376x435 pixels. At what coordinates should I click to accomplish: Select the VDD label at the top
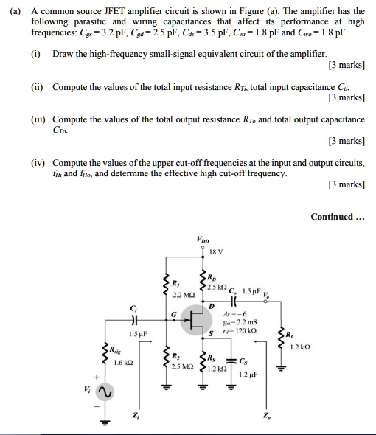203,239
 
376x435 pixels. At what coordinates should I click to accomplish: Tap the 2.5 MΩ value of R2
182,366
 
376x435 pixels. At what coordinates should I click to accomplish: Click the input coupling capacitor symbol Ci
133,320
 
